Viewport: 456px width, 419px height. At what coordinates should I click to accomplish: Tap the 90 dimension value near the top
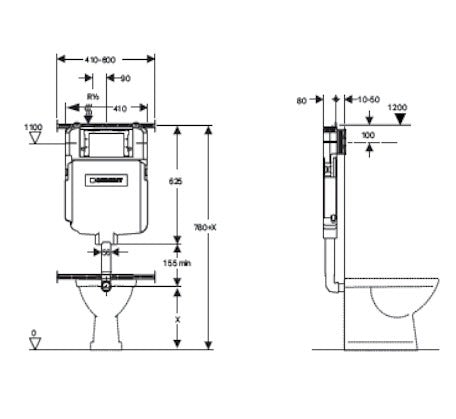(x=125, y=78)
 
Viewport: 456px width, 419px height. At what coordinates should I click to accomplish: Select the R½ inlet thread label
(x=93, y=96)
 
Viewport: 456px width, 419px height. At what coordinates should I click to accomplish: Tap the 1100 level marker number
(x=32, y=127)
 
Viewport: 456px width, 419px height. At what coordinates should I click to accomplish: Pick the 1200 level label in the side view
(x=398, y=106)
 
